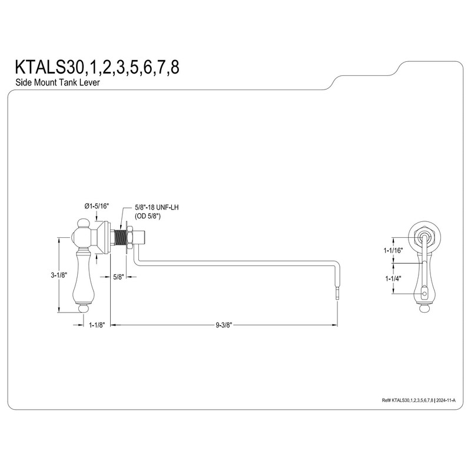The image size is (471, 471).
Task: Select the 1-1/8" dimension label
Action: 96,325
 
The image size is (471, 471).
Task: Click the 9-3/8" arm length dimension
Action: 224,325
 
